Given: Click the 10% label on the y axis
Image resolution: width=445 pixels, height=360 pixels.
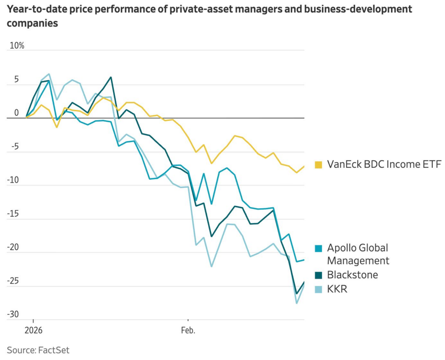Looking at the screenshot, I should [x=16, y=46].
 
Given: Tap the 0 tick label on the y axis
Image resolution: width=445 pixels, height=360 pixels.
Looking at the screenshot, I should [x=16, y=113].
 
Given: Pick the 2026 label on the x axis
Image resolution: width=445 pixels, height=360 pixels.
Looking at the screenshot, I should [x=33, y=330].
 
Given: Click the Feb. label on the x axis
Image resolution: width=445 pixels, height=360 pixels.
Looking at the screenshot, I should [x=188, y=330].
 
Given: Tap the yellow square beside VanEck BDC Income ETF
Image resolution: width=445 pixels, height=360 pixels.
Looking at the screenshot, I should [x=319, y=164].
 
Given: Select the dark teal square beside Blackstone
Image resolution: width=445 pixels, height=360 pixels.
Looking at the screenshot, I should [x=319, y=275].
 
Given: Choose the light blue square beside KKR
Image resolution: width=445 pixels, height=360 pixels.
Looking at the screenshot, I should [x=319, y=288].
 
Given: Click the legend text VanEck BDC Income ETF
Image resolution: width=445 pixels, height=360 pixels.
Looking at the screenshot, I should [x=384, y=164].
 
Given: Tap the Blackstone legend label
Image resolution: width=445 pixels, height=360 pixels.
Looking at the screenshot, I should [x=352, y=275].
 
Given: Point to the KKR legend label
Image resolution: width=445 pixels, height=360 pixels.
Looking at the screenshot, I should [x=337, y=288].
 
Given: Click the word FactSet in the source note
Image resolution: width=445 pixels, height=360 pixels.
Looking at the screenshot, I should [x=53, y=350].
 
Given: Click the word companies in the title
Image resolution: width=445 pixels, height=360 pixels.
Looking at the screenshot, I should [x=32, y=23].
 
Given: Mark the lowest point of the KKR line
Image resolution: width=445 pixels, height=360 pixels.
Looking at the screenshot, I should [x=296, y=303].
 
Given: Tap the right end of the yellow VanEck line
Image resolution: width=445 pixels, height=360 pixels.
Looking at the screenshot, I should [x=304, y=166].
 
